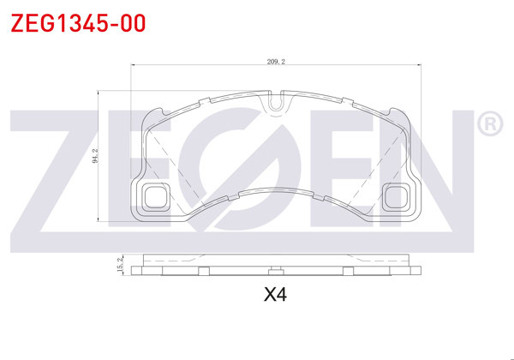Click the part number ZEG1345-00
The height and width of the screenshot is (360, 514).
[x=77, y=22]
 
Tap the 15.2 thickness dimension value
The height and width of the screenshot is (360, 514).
[x=122, y=266]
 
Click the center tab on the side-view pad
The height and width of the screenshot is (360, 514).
[x=276, y=273]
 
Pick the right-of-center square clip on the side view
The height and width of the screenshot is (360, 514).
[x=348, y=273]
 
